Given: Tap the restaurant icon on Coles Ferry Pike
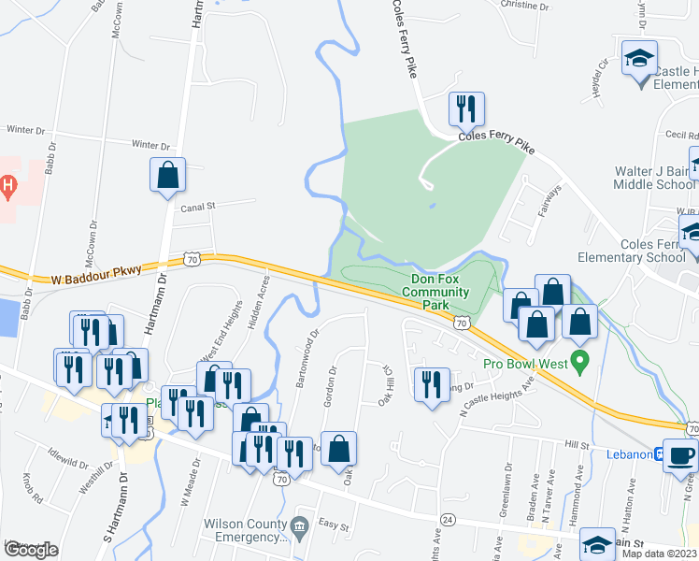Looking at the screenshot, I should tap(465, 109).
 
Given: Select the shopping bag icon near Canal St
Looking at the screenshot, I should tap(167, 175).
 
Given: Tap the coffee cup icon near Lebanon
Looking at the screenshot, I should tap(679, 455).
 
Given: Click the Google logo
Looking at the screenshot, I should tap(31, 550).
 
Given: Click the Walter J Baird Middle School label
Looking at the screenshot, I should tap(654, 178).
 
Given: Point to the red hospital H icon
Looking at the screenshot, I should tap(7, 187).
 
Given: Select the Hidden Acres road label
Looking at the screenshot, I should tap(261, 301).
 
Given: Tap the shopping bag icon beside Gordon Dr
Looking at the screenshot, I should tap(338, 449).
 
